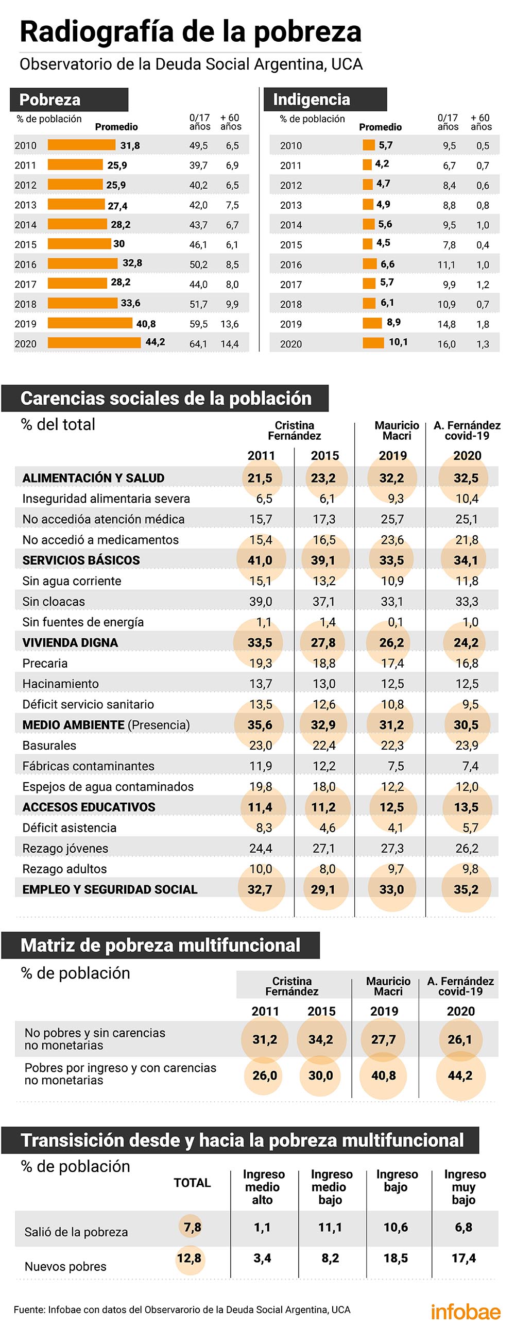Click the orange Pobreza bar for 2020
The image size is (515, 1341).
pos(94,342)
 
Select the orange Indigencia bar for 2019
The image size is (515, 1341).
pos(372,323)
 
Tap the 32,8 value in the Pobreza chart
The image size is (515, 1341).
pos(132,263)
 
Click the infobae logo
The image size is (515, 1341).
pos(466,1312)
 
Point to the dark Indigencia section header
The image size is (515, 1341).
pos(325,99)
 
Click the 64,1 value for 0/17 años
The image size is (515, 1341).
pos(198,343)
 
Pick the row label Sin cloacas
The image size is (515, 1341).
pos(54,601)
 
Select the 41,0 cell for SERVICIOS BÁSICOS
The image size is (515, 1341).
pos(260,560)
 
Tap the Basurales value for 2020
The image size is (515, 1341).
pos(467,746)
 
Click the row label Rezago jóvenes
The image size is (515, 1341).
pos(65,848)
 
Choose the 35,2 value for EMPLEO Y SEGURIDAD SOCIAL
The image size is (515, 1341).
pos(466,889)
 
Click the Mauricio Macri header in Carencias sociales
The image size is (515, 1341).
pos(397,431)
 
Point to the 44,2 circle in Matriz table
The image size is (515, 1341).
pos(460,1075)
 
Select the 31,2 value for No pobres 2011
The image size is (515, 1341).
pos(265,1039)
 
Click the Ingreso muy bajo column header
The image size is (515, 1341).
pos(464,1187)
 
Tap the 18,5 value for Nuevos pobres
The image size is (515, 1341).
pos(396,1258)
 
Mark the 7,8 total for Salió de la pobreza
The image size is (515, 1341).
pos(193,1228)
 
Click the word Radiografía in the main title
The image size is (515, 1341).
pos(97,32)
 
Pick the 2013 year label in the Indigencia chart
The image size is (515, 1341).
pos(291,205)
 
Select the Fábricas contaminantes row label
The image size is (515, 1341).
pos(89,766)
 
